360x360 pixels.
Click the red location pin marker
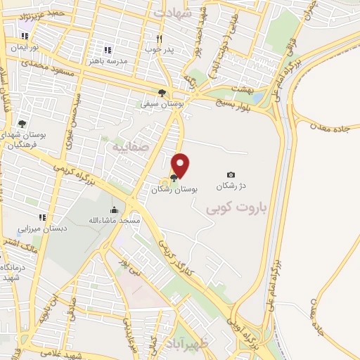181,166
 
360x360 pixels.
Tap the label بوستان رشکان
175,190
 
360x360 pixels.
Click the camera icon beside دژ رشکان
231,174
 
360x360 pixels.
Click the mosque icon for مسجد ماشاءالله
114,210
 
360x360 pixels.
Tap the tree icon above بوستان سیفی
162,93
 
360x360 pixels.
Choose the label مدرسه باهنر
108,61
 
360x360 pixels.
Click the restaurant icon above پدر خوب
159,39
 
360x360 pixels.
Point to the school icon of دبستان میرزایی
42,217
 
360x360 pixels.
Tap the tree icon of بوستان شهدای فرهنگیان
22,124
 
